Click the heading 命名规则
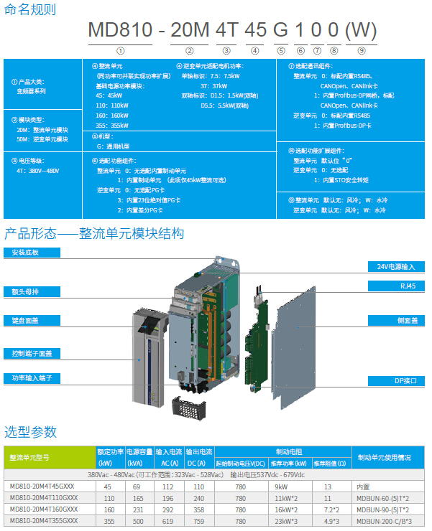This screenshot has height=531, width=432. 30,10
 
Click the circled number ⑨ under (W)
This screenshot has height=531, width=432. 362,51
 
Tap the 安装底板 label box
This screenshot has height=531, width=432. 31,253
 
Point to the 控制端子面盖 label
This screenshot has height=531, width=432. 31,353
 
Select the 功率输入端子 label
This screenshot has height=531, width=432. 31,377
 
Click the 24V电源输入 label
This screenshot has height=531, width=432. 397,266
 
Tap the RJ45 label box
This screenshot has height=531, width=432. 397,286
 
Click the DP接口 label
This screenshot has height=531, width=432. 397,381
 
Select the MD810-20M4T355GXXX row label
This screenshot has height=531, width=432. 45,520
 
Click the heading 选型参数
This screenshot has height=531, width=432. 30,432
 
